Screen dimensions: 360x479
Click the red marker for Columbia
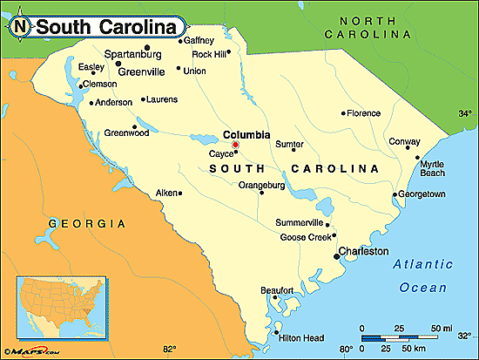[x=235, y=144]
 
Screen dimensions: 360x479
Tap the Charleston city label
[x=364, y=251]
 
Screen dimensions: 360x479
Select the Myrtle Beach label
[x=432, y=168]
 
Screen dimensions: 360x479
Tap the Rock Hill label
[x=210, y=53]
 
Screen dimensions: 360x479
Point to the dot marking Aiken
[x=180, y=193]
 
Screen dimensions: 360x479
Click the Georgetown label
[x=421, y=194]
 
